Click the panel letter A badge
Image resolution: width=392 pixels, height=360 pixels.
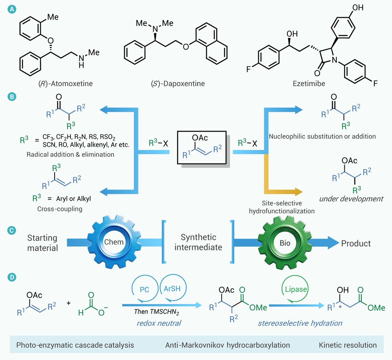(x=12, y=9)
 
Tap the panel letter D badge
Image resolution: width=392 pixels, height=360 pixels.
(x=12, y=277)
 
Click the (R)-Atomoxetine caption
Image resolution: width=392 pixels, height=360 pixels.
(x=65, y=84)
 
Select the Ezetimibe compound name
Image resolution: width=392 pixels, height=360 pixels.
(x=309, y=84)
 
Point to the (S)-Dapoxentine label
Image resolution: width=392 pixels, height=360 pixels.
(x=178, y=84)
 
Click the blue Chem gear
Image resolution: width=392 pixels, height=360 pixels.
(x=114, y=242)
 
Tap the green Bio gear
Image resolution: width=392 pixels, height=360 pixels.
(x=285, y=243)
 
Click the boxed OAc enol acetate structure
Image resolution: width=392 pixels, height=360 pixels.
(x=202, y=147)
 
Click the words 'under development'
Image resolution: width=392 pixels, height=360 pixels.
(x=351, y=199)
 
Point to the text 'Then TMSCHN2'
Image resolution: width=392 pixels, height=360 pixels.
(x=156, y=312)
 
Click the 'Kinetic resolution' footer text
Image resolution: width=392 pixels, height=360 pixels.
(x=348, y=345)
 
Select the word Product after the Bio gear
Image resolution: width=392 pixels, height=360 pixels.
(x=356, y=243)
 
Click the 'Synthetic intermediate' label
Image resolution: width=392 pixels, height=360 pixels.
(x=199, y=242)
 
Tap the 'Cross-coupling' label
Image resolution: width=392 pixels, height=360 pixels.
(x=60, y=209)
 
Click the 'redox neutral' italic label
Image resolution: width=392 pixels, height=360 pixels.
(x=159, y=323)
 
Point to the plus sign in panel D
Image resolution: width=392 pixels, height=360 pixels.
(x=68, y=303)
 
